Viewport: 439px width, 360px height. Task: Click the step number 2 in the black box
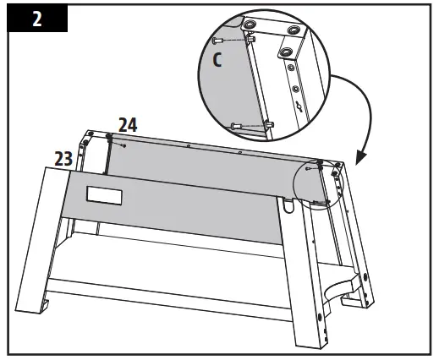36,20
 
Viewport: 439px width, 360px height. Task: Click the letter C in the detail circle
217,61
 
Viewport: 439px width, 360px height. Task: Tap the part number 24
128,125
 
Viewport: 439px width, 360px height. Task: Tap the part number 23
63,157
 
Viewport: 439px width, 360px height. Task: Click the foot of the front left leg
30,321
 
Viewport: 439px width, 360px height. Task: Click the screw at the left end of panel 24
124,145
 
